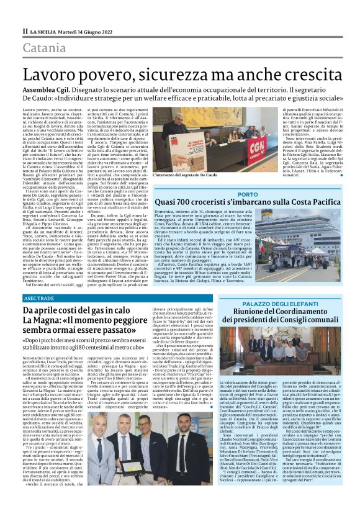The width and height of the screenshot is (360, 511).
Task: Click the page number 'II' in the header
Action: (x=25, y=30)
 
